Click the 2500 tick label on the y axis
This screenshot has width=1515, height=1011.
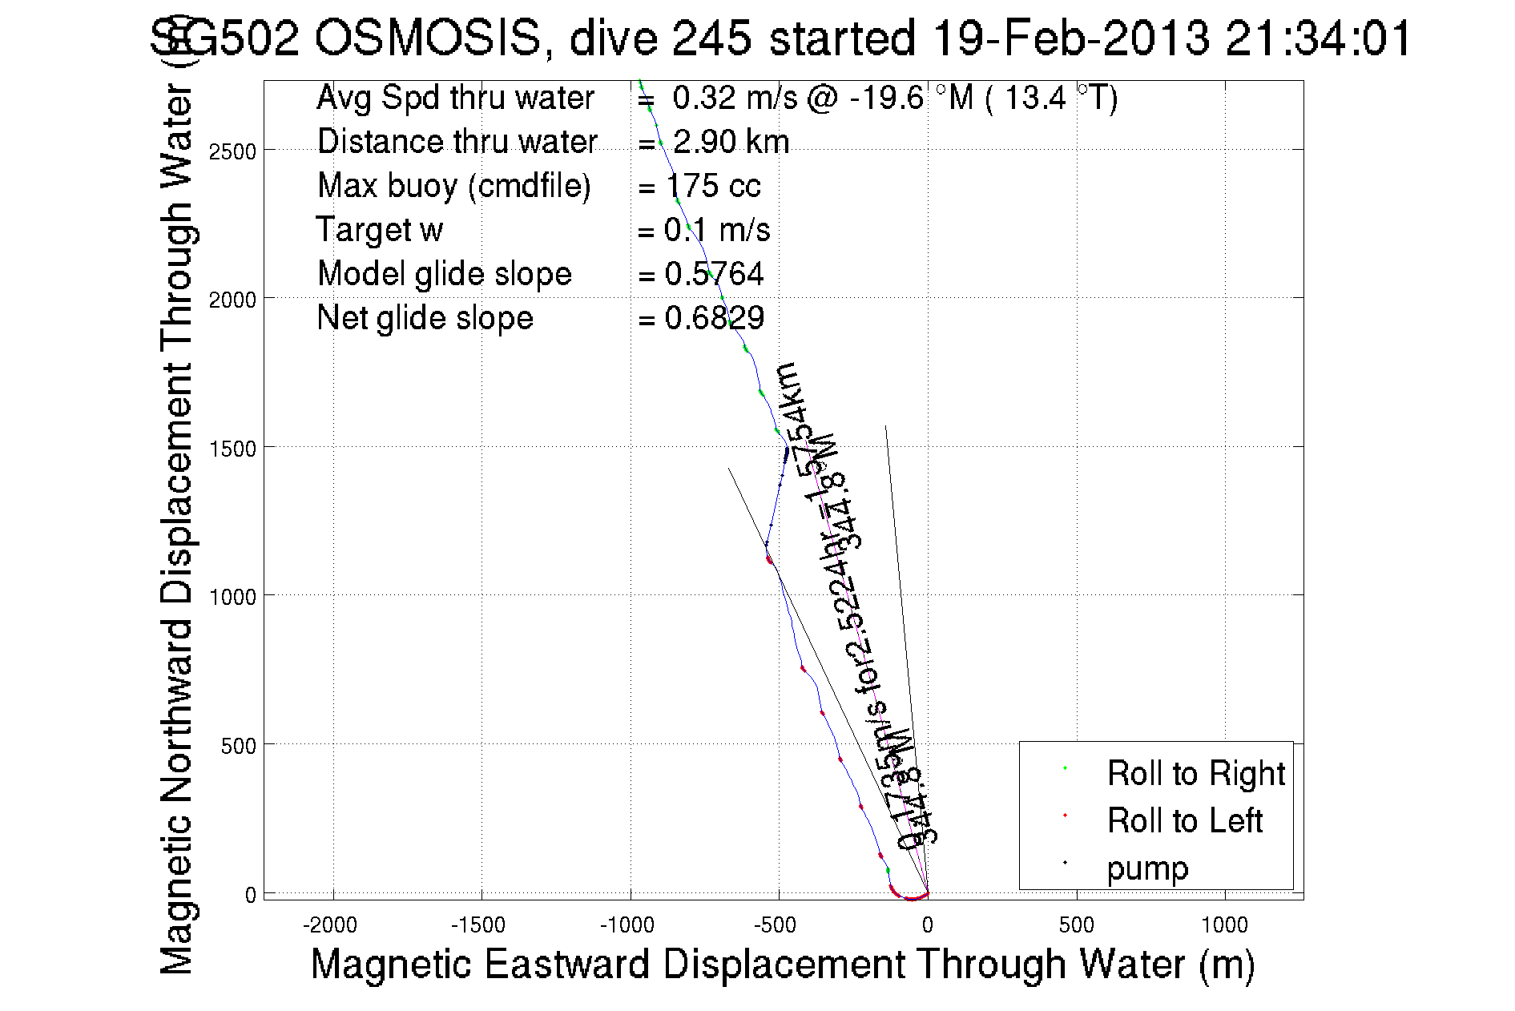click(x=232, y=151)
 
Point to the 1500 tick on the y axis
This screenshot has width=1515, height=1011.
click(x=264, y=447)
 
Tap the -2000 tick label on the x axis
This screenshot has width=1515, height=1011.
click(x=329, y=926)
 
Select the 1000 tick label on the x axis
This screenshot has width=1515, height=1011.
click(x=1224, y=926)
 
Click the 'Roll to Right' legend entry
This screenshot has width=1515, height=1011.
click(x=1195, y=774)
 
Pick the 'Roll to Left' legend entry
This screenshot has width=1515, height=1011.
click(x=1184, y=821)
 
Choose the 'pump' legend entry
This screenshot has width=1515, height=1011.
click(x=1147, y=868)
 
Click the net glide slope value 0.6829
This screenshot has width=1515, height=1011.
click(x=714, y=318)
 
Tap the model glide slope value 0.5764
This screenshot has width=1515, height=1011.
click(x=714, y=274)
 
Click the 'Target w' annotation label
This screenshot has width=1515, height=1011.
click(x=379, y=230)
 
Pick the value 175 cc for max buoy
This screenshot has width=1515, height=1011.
click(x=712, y=186)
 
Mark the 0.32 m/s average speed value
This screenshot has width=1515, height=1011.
click(x=735, y=98)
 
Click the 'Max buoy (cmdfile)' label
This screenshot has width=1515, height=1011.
click(x=453, y=186)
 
